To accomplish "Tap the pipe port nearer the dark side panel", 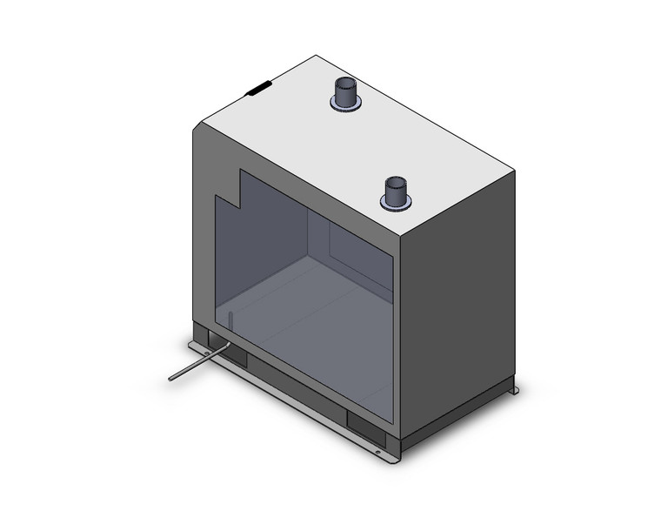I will point(397,192).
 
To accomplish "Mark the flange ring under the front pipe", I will point(397,205).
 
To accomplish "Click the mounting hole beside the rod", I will point(201,347).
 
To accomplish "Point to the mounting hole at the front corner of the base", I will point(380,451).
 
